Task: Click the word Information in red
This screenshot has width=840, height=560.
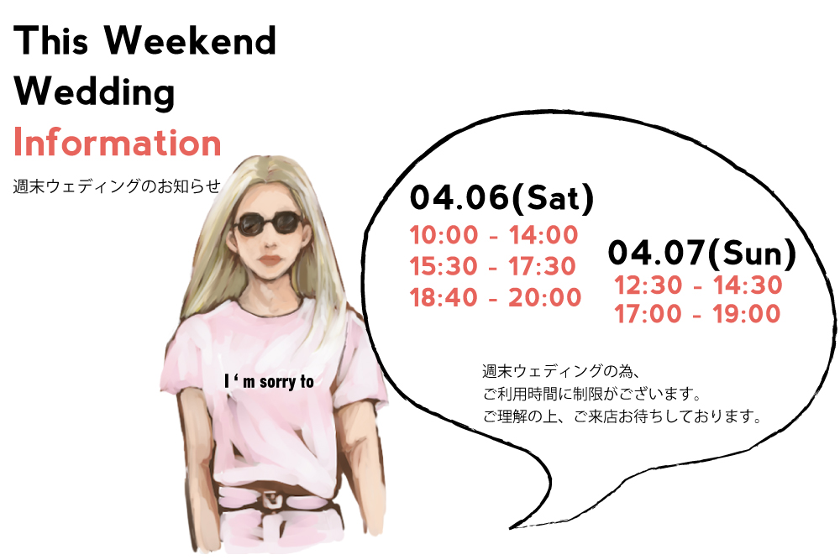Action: pyautogui.click(x=117, y=143)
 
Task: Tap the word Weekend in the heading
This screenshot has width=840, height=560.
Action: pyautogui.click(x=190, y=40)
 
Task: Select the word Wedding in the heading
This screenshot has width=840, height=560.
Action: pyautogui.click(x=94, y=92)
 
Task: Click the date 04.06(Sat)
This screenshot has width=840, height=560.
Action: pyautogui.click(x=502, y=197)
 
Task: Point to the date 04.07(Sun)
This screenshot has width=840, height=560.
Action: pyautogui.click(x=702, y=253)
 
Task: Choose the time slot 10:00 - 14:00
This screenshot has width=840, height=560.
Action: pyautogui.click(x=494, y=235)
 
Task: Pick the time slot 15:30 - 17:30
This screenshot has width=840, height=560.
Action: pyautogui.click(x=493, y=266)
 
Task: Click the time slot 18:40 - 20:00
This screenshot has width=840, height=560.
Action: pyautogui.click(x=496, y=297)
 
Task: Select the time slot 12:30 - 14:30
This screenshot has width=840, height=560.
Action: pyautogui.click(x=698, y=285)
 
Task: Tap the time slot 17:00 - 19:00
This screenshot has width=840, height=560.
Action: pyautogui.click(x=697, y=314)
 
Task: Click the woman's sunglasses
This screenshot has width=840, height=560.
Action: pyautogui.click(x=268, y=223)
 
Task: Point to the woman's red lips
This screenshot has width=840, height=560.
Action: pyautogui.click(x=271, y=261)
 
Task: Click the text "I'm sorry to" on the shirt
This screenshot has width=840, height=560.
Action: pyautogui.click(x=269, y=381)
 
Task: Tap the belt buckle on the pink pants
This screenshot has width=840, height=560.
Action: pyautogui.click(x=273, y=501)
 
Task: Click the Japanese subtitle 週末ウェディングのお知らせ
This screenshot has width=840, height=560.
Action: pyautogui.click(x=117, y=186)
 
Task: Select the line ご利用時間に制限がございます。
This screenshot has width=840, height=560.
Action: pyautogui.click(x=592, y=394)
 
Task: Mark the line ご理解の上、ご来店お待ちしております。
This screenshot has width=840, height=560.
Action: pyautogui.click(x=622, y=416)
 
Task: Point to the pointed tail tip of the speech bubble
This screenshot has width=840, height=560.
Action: pyautogui.click(x=510, y=528)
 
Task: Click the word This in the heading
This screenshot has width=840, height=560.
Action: pyautogui.click(x=51, y=40)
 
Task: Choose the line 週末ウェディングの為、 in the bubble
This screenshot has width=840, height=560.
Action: pyautogui.click(x=561, y=371)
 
